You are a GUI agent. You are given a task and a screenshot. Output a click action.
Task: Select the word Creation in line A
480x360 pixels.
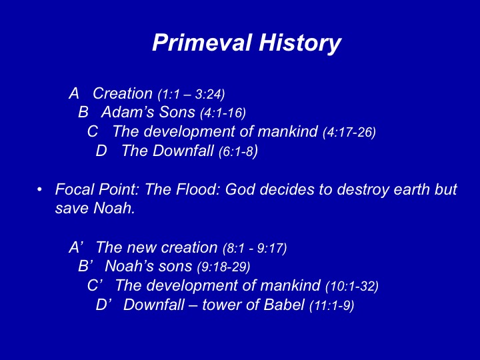pos(123,93)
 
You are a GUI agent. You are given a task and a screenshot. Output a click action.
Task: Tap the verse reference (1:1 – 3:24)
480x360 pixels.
pos(191,94)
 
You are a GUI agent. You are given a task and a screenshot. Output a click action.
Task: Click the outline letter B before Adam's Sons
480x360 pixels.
pos(83,112)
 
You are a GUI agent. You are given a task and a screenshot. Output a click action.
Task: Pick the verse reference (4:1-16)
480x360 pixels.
pos(223,113)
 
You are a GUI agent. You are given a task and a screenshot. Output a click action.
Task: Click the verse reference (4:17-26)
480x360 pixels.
pos(349,132)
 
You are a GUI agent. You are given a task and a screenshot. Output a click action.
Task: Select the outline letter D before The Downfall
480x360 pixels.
pos(101,151)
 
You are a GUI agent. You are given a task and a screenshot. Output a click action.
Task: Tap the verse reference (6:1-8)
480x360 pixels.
pos(239,151)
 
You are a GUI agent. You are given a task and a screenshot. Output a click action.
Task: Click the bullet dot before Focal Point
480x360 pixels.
pos(39,190)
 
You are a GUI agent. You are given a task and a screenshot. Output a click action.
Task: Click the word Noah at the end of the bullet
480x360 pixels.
pos(114,208)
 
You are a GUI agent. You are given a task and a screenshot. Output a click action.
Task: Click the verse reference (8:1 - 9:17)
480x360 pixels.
pos(255,248)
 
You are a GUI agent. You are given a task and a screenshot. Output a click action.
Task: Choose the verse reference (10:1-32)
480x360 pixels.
pos(352,286)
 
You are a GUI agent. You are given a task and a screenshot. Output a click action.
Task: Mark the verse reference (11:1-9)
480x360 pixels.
pos(332,305)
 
